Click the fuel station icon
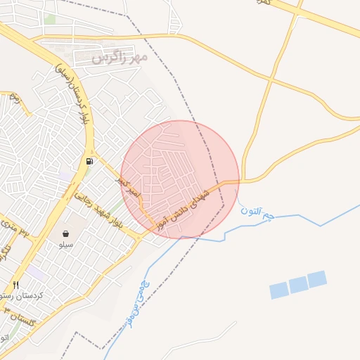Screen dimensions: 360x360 [x=89, y=161]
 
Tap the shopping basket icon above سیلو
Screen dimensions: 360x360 [x=65, y=233]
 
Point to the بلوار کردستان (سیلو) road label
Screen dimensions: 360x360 [x=72, y=99]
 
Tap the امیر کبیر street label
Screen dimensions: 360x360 [x=129, y=187]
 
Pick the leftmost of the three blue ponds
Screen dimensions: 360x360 [x=279, y=290]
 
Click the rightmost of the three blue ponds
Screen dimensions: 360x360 [x=317, y=278]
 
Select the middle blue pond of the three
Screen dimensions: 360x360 [x=298, y=284]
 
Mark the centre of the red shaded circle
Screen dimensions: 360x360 [x=180, y=179]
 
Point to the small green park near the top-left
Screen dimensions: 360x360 [x=49, y=19]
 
